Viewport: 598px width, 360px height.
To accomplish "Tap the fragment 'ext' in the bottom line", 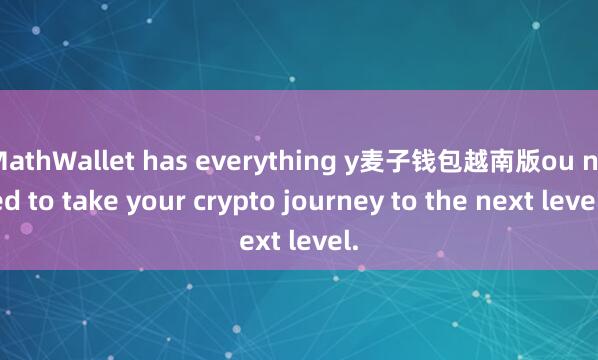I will pos(263,240).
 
